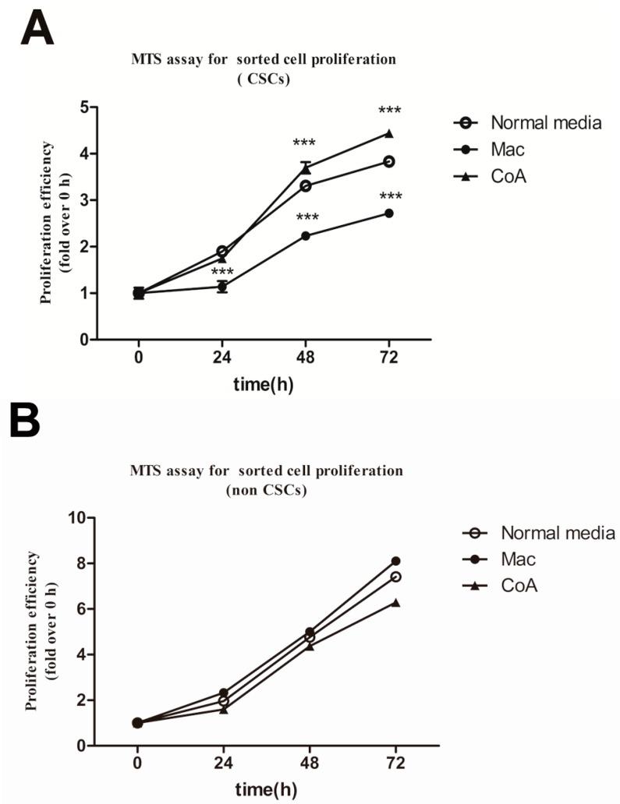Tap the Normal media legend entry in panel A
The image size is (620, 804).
(x=538, y=123)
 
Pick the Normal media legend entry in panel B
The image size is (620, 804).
(x=557, y=533)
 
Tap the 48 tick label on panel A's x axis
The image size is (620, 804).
(x=305, y=358)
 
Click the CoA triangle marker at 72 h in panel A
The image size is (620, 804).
(x=388, y=133)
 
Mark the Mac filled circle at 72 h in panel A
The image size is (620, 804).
(x=388, y=213)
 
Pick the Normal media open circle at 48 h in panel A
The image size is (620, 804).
(x=306, y=185)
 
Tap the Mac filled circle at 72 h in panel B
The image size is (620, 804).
(x=396, y=561)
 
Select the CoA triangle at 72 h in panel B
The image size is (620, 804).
(x=396, y=602)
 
